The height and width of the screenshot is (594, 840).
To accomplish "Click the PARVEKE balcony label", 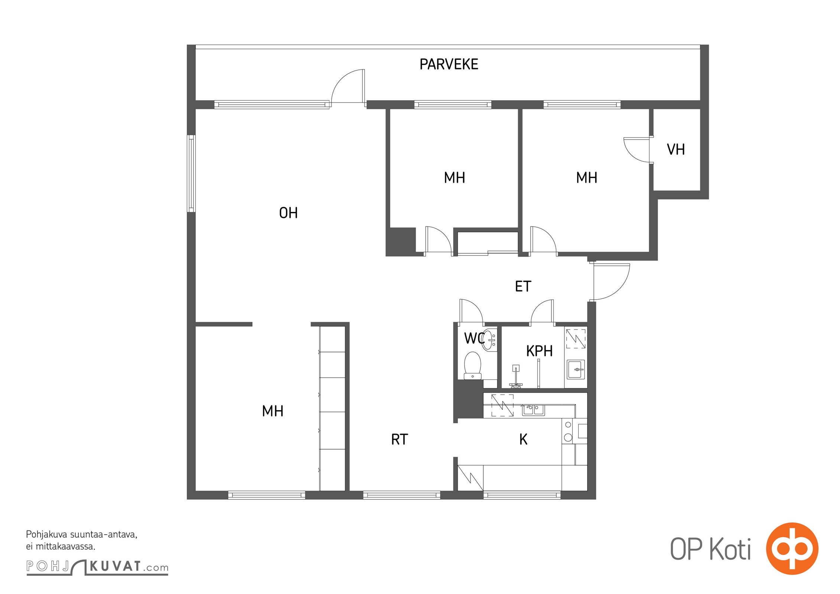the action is point(449,65).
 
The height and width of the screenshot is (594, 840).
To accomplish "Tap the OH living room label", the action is point(288,213).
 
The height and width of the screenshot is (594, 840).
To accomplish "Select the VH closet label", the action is point(676,150).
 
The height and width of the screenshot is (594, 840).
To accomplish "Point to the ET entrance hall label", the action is point(523,286).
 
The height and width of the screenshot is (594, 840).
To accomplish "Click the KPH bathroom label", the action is point(539,351).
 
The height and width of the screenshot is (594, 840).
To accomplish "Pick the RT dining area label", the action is point(400,440).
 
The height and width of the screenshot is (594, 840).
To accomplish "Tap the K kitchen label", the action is point(523,440).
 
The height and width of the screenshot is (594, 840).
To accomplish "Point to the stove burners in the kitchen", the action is point(568,431).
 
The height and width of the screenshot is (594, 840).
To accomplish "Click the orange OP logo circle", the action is point(792,549).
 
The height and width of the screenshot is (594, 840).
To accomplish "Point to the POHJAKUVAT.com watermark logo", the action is point(97,567).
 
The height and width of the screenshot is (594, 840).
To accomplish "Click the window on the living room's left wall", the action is point(191,173).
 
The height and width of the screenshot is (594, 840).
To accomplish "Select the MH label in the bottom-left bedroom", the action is point(273,411).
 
